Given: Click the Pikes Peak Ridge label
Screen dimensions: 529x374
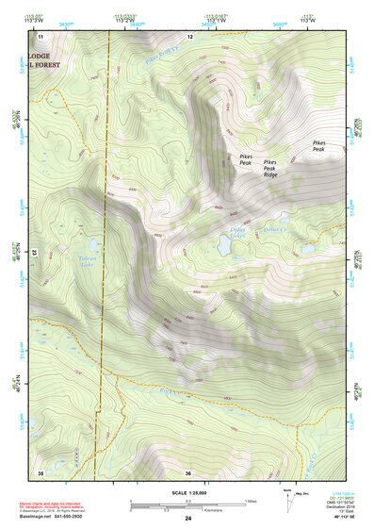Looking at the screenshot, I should click(x=271, y=169).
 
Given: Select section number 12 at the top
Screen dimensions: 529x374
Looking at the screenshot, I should click(x=189, y=35).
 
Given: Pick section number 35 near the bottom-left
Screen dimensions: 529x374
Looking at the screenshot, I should click(x=41, y=471).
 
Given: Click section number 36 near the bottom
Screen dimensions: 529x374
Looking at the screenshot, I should click(x=188, y=472).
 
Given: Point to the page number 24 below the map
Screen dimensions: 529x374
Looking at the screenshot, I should click(x=188, y=519).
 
